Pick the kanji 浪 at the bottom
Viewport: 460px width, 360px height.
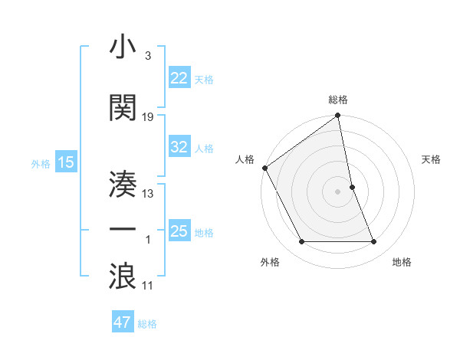123,275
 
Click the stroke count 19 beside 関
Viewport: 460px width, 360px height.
148,117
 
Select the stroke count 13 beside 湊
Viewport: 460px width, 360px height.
148,194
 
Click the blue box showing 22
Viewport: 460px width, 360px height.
179,78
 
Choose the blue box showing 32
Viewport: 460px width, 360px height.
179,147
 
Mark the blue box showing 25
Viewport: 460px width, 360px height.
179,231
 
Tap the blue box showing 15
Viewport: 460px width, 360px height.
65,162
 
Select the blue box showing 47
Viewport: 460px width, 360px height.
123,322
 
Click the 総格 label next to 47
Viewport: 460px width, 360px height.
148,324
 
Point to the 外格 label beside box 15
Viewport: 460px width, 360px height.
40,163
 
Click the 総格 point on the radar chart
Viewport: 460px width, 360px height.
338,116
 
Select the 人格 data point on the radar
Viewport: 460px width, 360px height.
265,168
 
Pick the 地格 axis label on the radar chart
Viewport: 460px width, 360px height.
402,263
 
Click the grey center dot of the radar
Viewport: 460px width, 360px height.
338,191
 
